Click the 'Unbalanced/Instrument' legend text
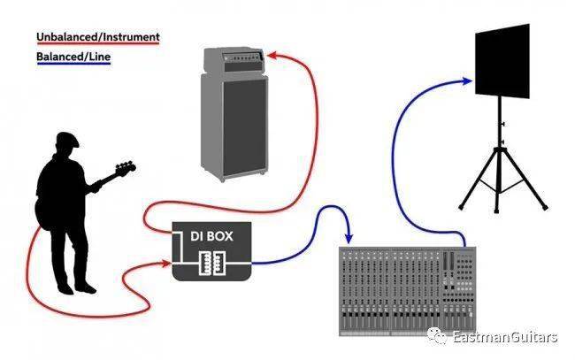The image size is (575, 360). click(x=98, y=37)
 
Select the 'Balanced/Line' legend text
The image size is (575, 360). click(x=73, y=57)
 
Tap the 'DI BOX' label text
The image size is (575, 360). click(x=211, y=236)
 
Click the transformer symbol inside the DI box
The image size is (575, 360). click(x=212, y=263)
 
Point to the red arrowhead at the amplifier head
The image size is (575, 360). click(x=272, y=55)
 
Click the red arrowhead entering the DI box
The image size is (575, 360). click(x=167, y=263)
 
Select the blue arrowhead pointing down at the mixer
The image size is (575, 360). click(x=349, y=239)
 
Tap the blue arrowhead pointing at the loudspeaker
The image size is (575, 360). click(x=467, y=81)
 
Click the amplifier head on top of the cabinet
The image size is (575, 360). click(x=234, y=60)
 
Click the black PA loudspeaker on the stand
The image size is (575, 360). click(x=502, y=61)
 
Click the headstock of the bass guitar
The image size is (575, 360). click(x=126, y=168)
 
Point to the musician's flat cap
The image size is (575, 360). click(x=67, y=139)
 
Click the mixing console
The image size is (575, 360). click(x=408, y=291)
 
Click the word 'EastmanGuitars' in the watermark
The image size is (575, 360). click(x=505, y=336)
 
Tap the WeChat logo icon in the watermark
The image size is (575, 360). click(x=437, y=335)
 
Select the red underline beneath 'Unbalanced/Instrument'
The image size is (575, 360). click(x=98, y=43)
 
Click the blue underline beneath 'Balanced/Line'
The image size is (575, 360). click(x=73, y=64)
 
